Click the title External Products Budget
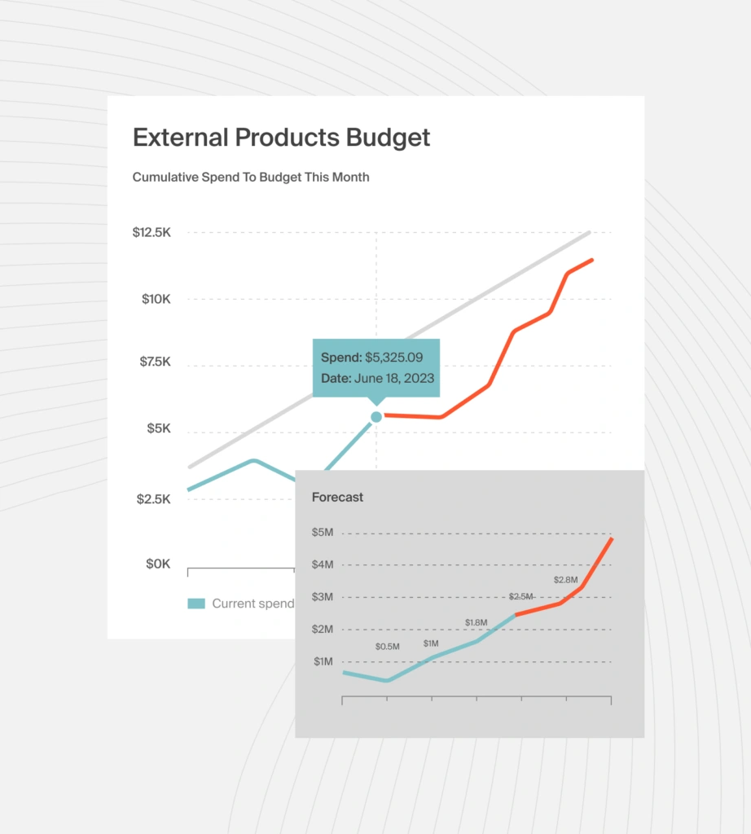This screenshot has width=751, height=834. point(281,138)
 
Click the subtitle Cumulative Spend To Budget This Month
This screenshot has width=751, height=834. point(251,177)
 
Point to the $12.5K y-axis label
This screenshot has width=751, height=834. point(152,232)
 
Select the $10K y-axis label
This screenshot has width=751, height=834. point(156,299)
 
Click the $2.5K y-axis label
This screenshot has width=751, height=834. point(154,498)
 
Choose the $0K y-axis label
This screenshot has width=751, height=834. point(157,564)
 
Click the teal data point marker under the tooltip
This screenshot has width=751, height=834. point(376,416)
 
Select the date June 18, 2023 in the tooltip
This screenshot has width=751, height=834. point(395,378)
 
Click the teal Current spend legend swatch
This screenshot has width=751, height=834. point(196,604)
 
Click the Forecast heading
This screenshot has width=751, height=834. point(337,497)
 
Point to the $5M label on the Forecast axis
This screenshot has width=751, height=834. point(323,533)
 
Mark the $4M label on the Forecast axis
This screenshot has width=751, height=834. point(323,564)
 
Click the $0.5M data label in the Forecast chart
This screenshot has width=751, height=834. point(387,647)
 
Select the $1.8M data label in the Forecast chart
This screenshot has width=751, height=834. point(476,623)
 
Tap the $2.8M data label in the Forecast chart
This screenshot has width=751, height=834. point(565,580)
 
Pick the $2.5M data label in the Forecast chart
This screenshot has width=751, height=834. point(521,597)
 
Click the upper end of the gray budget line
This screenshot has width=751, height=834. point(589,233)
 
